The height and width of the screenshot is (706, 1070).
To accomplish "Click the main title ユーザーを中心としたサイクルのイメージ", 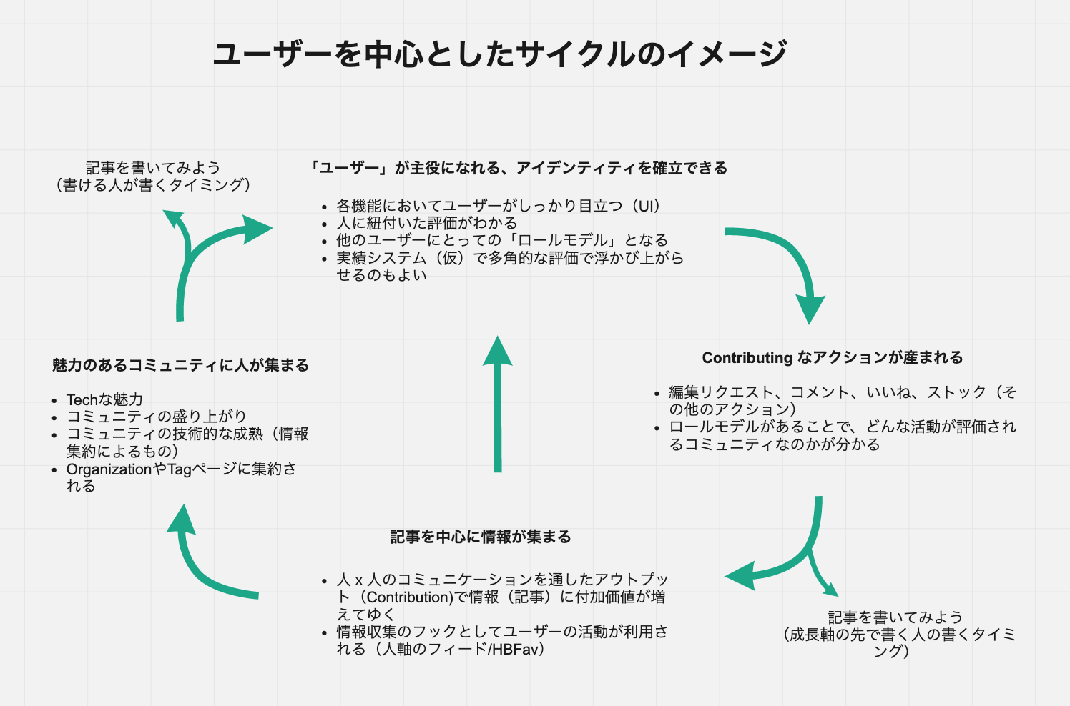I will (500, 54).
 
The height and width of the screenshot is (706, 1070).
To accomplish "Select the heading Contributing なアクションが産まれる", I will (832, 357).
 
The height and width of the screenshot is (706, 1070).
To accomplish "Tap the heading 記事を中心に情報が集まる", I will (481, 537).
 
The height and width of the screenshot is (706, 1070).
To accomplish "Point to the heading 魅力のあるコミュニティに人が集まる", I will (180, 365).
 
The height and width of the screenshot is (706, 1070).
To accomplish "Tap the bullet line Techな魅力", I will (104, 399).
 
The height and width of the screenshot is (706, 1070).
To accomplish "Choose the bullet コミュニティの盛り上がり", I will (156, 417).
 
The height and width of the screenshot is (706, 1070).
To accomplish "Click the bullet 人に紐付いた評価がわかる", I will (426, 223).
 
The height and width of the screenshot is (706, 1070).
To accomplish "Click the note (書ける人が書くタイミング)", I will (153, 185).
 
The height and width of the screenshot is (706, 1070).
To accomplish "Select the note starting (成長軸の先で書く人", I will (899, 635).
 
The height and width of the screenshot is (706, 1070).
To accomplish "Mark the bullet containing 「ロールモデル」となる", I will (501, 240).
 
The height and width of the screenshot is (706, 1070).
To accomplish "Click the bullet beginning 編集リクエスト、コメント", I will (842, 400).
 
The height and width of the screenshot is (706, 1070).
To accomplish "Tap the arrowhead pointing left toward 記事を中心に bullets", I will (741, 576).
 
